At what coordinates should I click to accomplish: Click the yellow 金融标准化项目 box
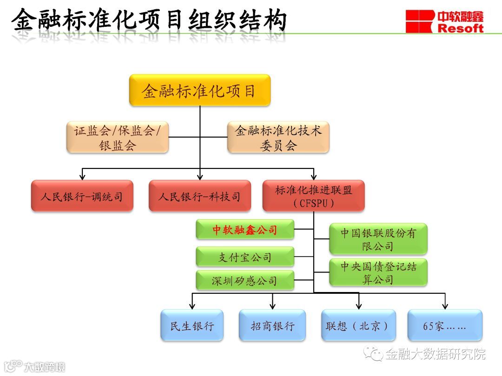pos(199,90)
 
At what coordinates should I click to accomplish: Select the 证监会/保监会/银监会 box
pos(117,137)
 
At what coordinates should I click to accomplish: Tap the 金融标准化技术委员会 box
pos(278,137)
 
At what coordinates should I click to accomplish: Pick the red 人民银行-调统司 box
pos(82,196)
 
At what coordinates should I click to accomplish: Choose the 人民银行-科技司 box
pos(199,196)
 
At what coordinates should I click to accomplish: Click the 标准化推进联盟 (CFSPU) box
pos(313,196)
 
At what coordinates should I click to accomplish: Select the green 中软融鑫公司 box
pos(244,229)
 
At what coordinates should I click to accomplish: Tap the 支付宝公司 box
pos(244,257)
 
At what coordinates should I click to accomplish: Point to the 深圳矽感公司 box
pos(244,280)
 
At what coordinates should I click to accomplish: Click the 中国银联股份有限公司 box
pos(378,239)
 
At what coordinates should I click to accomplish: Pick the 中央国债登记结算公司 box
pos(378,272)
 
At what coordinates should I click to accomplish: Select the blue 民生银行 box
pos(192,325)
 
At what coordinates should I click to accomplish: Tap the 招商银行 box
pos(272,325)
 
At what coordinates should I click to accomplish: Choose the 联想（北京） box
pos(358,325)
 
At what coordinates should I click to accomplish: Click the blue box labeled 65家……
pos(445,325)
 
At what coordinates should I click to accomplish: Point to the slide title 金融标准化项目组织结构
pos(149,21)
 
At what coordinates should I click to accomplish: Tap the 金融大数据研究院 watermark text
pos(435,354)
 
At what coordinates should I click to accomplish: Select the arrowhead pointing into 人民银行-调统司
pos(82,176)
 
